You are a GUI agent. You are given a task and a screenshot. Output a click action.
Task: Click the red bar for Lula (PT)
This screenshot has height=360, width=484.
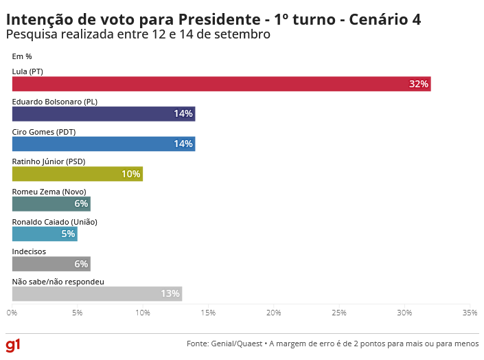pyautogui.click(x=221, y=84)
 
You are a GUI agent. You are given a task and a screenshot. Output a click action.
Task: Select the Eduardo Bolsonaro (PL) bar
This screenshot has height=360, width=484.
pyautogui.click(x=104, y=114)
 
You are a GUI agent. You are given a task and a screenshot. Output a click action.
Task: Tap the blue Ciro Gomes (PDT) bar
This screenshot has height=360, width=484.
pyautogui.click(x=104, y=144)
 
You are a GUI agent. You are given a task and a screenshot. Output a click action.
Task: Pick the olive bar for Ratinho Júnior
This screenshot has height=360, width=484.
pyautogui.click(x=78, y=174)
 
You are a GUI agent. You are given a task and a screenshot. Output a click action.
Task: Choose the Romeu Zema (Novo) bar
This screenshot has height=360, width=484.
pyautogui.click(x=51, y=204)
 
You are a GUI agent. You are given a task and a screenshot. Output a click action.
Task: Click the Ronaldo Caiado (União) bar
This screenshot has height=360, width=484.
pyautogui.click(x=45, y=234)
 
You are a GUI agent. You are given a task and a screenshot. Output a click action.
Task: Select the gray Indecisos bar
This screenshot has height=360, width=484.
pyautogui.click(x=51, y=264)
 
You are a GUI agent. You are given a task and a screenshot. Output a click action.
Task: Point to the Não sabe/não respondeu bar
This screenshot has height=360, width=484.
pyautogui.click(x=97, y=294)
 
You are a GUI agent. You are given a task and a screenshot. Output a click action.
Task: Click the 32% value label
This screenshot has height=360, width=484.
pyautogui.click(x=419, y=84)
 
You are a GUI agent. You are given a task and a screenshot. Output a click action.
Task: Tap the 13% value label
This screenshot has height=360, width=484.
pyautogui.click(x=170, y=294)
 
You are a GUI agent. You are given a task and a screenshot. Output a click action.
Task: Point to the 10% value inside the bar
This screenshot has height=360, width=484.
pyautogui.click(x=131, y=174)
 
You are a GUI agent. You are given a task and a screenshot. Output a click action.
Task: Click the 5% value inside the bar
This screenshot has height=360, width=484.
pyautogui.click(x=69, y=234)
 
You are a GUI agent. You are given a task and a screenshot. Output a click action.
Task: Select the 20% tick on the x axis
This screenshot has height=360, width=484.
pyautogui.click(x=274, y=313)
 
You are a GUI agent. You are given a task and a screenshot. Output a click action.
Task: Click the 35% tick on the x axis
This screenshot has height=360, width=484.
pyautogui.click(x=470, y=313)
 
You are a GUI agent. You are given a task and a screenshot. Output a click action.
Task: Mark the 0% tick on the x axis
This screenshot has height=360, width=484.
pyautogui.click(x=12, y=313)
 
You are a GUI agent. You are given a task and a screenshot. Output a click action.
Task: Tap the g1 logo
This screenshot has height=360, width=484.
pyautogui.click(x=13, y=344)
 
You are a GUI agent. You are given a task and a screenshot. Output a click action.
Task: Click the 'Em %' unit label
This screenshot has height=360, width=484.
pyautogui.click(x=22, y=56)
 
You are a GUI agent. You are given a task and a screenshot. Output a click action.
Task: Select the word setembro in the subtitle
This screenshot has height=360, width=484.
pyautogui.click(x=245, y=34)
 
